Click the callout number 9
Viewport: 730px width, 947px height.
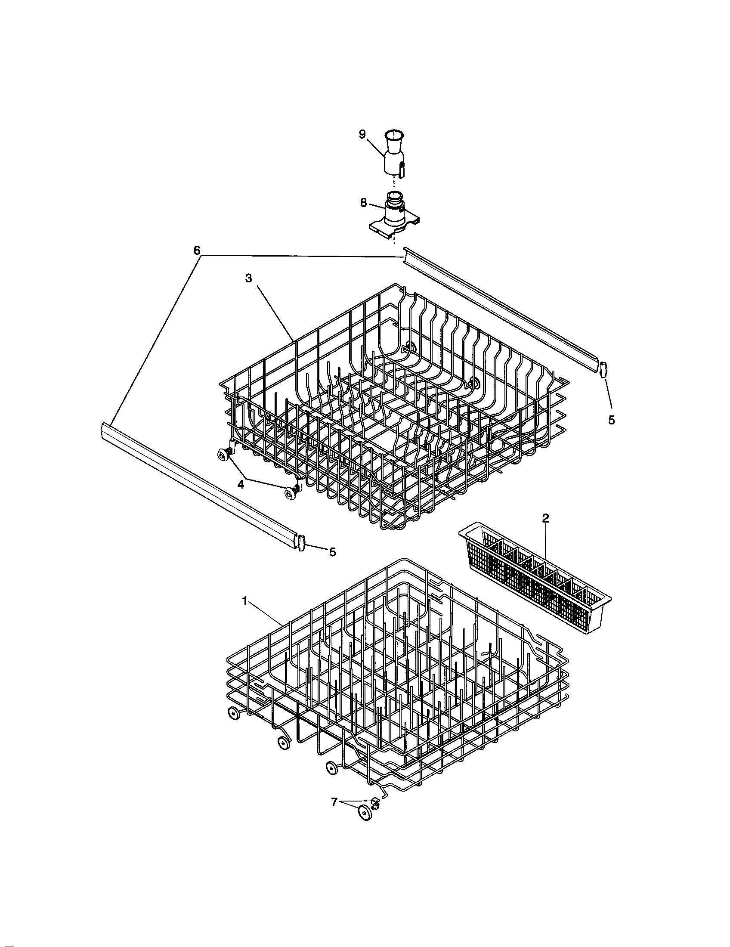(x=362, y=134)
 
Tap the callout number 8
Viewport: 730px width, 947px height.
(x=363, y=202)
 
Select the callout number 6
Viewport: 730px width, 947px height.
(x=197, y=250)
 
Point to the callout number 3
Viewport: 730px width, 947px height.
(x=248, y=278)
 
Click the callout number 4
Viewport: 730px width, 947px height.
(x=241, y=485)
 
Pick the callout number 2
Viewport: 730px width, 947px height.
(x=545, y=518)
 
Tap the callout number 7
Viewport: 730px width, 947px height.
(x=334, y=802)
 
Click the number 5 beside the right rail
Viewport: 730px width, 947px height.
(x=611, y=420)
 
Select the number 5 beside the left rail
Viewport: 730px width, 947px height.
(x=332, y=551)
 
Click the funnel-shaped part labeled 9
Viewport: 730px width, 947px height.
(x=393, y=154)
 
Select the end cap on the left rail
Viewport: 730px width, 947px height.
(x=302, y=543)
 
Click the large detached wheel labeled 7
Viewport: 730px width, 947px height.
(x=365, y=813)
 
